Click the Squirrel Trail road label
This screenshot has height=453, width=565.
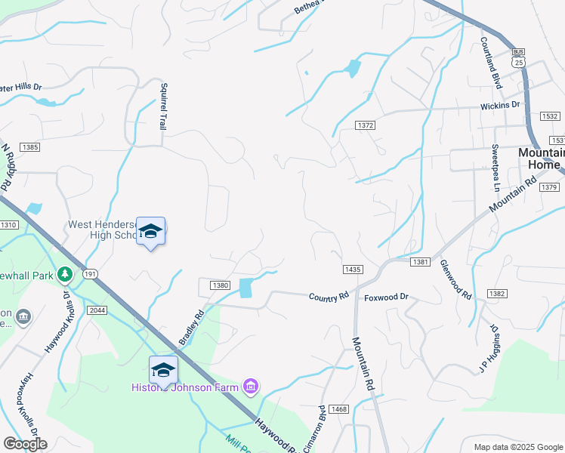pos(162,106)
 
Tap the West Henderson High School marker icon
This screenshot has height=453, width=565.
pos(150,231)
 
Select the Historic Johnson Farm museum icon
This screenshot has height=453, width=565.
pos(251,387)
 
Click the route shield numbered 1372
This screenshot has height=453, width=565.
pos(366,125)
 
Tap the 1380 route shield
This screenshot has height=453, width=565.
pos(219,285)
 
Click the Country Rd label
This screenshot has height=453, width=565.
pos(329,297)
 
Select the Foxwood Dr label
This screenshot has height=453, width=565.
pos(386,297)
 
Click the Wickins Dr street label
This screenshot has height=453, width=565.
pos(501,106)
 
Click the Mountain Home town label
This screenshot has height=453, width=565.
pos(540,158)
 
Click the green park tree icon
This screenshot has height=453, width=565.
pos(66,273)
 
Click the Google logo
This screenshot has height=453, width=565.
pos(25,444)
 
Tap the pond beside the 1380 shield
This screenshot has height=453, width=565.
pos(246,288)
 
